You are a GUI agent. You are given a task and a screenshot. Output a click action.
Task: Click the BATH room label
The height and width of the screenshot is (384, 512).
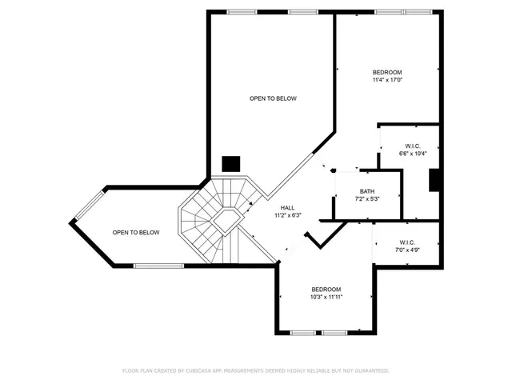366,191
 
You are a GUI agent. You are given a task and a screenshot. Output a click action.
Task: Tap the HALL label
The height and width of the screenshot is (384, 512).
286,207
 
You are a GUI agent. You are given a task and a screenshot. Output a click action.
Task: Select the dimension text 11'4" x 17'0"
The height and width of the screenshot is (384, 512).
387,79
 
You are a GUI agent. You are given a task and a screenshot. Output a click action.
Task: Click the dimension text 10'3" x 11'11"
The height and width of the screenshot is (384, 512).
326,297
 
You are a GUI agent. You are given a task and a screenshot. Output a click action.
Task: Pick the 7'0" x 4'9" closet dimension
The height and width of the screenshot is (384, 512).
406,250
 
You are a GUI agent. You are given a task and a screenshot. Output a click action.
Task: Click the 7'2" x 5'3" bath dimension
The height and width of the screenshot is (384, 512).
366,198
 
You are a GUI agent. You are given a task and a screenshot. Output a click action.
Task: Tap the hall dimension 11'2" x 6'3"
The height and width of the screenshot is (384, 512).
286,214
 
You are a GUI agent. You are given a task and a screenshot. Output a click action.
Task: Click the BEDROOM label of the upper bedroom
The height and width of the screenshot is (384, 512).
387,72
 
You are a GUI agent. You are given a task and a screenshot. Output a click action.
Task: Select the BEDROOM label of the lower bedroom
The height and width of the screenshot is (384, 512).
326,289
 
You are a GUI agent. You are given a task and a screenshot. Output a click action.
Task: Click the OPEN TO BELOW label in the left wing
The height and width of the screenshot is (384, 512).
135,233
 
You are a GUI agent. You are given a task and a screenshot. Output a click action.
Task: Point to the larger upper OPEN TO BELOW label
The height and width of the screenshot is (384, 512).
273,98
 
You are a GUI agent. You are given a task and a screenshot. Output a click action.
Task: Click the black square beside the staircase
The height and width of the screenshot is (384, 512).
230,163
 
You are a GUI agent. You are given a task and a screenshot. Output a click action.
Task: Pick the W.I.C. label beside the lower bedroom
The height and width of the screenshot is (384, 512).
406,242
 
